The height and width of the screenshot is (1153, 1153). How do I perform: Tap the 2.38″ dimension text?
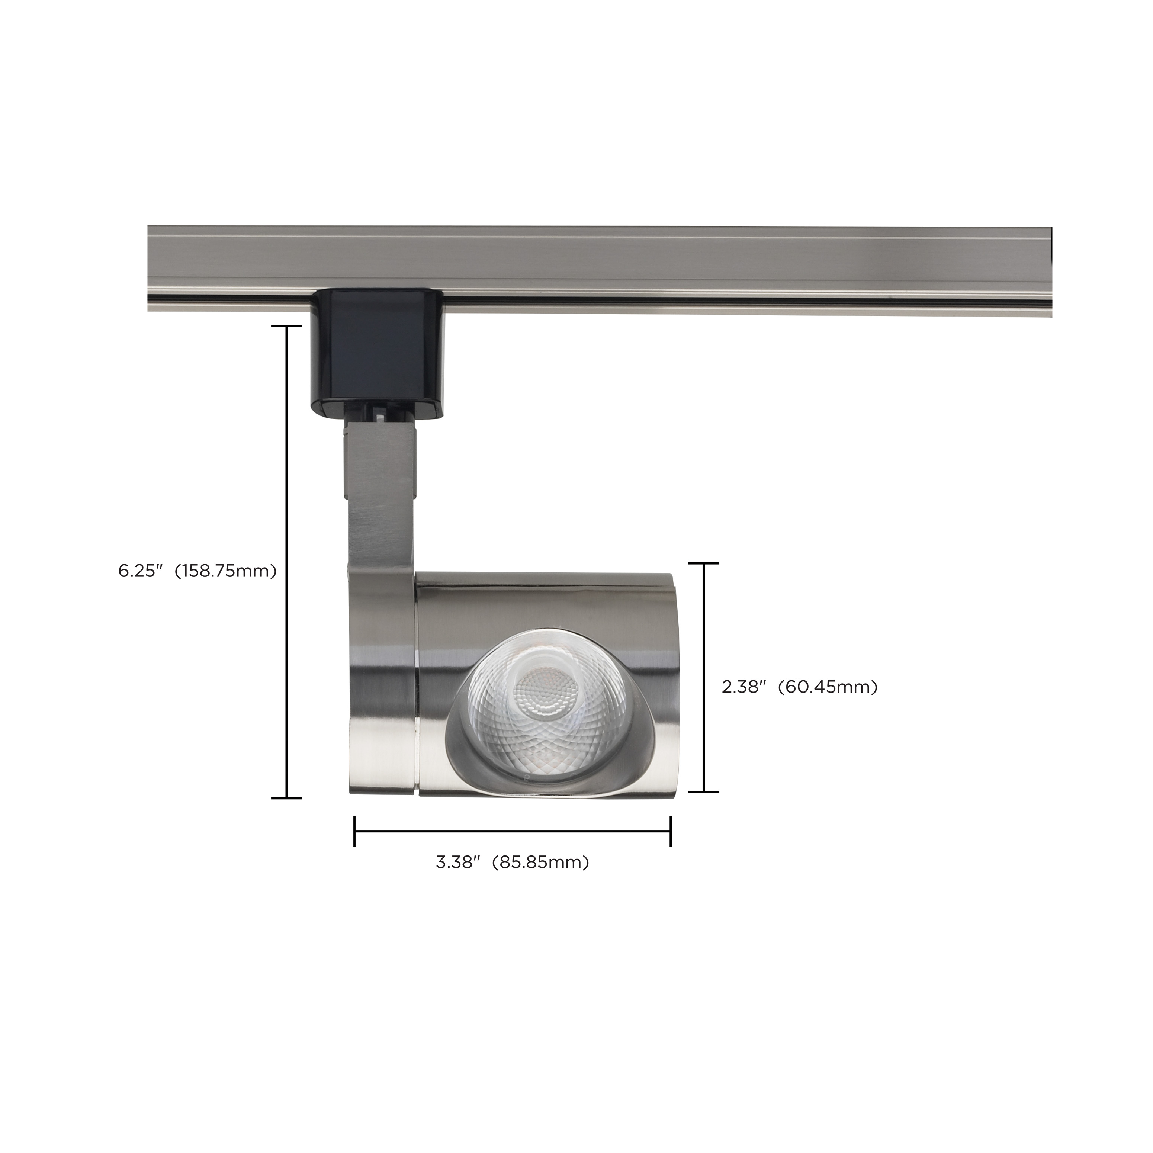[743, 687]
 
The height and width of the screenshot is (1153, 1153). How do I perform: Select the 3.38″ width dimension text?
[458, 863]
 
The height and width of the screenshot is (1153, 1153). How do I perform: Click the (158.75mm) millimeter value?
[229, 571]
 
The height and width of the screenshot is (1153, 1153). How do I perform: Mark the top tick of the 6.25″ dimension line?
[286, 327]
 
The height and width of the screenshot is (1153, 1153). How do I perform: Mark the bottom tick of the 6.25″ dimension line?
[286, 798]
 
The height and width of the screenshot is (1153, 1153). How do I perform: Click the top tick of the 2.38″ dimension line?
[704, 563]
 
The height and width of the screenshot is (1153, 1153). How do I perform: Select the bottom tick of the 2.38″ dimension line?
[704, 792]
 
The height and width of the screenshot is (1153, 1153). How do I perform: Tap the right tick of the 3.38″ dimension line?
[671, 831]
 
